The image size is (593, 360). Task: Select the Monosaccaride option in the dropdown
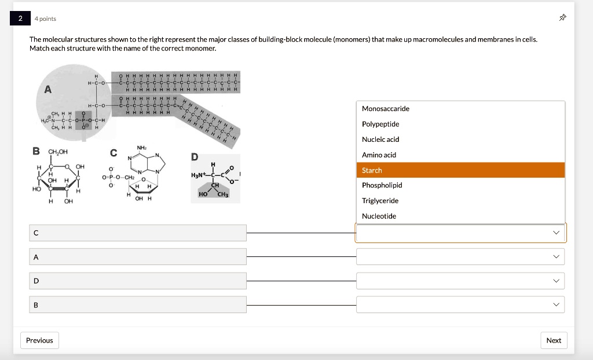[x=386, y=109]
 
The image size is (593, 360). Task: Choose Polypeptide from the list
[x=380, y=124]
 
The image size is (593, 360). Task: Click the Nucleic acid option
[x=380, y=139]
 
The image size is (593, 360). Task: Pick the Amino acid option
[x=379, y=155]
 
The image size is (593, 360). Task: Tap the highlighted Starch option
[x=372, y=170]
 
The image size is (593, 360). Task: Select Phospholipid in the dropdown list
[x=382, y=185]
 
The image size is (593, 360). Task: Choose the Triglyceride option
[x=380, y=201]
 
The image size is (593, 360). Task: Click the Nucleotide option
[x=379, y=216]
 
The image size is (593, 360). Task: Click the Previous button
[x=39, y=340]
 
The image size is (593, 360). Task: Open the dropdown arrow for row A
[x=557, y=256]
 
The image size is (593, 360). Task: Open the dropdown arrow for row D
[x=557, y=281]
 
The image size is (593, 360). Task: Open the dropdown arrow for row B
[x=557, y=304]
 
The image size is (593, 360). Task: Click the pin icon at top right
[x=562, y=19]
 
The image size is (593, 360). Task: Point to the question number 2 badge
[x=20, y=19]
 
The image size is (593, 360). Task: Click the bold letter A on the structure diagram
[x=47, y=89]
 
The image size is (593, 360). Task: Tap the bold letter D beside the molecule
[x=194, y=157]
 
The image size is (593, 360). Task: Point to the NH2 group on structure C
[x=141, y=148]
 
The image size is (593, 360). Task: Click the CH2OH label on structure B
[x=58, y=152]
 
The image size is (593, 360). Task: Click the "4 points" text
[x=46, y=19]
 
